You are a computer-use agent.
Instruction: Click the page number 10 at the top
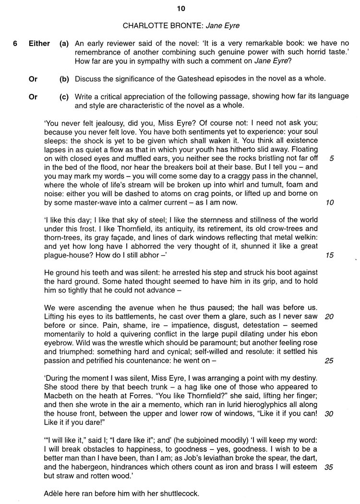[180, 8]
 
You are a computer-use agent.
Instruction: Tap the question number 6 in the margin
[15, 44]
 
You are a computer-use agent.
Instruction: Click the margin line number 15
[329, 255]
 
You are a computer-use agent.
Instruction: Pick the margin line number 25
[329, 361]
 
